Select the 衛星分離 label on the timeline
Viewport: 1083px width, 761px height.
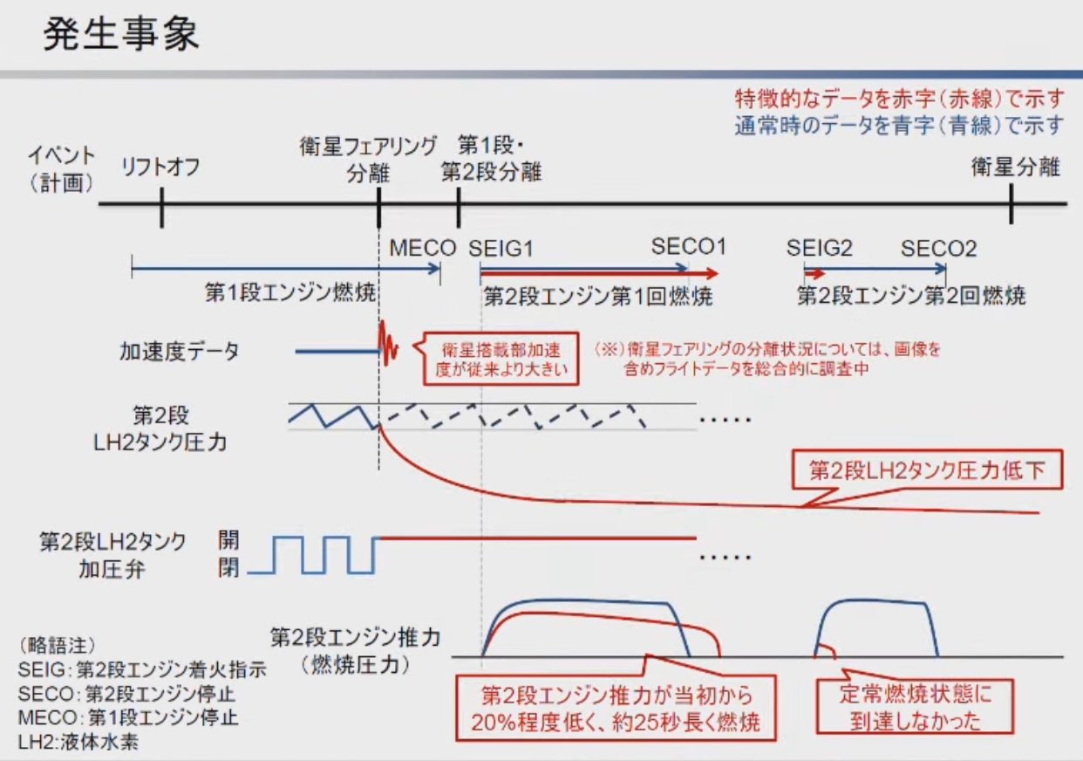pos(1015,167)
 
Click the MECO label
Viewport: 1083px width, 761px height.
pos(423,249)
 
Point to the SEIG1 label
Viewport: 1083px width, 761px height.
pos(501,249)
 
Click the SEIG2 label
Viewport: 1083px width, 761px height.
pos(819,249)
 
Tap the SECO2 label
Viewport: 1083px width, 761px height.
pos(939,249)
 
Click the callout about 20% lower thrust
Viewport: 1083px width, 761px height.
pos(616,709)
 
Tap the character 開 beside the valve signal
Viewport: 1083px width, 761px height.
pos(228,541)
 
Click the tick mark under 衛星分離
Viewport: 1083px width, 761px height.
pos(1011,204)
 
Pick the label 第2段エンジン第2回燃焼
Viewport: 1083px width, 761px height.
pos(911,295)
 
